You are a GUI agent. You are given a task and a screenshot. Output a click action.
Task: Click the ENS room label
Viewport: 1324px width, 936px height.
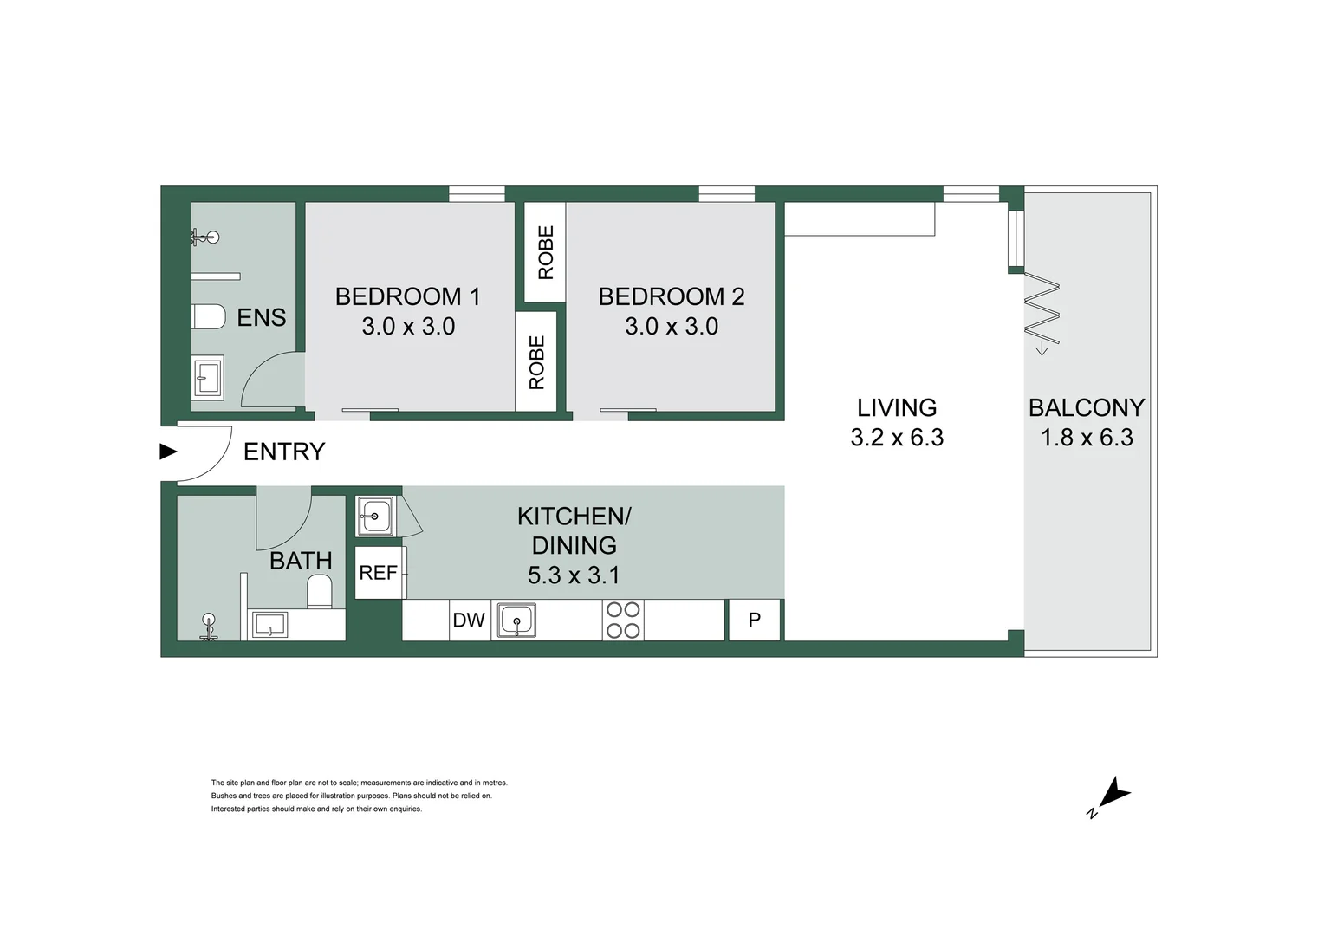(261, 317)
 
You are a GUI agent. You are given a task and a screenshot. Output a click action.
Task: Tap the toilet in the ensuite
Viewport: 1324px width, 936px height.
(208, 317)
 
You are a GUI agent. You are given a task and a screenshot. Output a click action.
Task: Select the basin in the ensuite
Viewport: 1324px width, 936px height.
(208, 377)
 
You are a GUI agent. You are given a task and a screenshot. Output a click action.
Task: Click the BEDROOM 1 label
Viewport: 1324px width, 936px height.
(407, 296)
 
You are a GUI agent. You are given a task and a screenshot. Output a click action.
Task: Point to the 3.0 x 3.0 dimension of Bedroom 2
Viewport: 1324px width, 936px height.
(672, 327)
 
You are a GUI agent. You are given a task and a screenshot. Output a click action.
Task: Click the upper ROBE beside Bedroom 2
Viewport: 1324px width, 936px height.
(546, 252)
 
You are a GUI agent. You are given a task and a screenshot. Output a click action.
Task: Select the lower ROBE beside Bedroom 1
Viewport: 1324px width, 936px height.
(537, 362)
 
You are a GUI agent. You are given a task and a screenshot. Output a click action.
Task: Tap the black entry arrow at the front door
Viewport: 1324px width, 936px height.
(168, 452)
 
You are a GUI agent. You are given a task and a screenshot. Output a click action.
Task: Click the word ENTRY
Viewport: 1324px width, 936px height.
(283, 452)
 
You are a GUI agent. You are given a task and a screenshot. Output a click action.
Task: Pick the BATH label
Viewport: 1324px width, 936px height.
(301, 561)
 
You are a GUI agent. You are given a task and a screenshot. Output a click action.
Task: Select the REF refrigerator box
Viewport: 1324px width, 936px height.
(379, 573)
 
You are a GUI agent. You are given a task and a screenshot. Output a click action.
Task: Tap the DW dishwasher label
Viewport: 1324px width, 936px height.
(469, 621)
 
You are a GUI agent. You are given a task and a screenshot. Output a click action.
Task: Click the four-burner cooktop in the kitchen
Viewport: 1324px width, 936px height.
(623, 621)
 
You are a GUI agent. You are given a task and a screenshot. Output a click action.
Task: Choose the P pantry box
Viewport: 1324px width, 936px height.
(755, 621)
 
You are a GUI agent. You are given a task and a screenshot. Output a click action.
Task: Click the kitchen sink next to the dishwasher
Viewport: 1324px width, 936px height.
(516, 621)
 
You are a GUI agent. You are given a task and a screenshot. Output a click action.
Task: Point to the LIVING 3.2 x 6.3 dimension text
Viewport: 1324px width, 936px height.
(897, 438)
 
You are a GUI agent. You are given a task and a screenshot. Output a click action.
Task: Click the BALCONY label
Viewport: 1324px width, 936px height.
(1087, 407)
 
